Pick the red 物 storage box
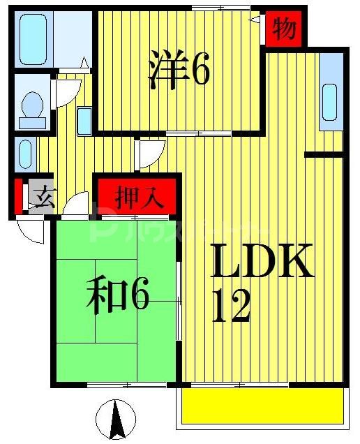tap(283, 30)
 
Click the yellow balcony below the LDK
tap(263, 406)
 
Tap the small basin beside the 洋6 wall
tap(84, 121)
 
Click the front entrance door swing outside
tap(31, 230)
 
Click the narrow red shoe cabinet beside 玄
tap(17, 196)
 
